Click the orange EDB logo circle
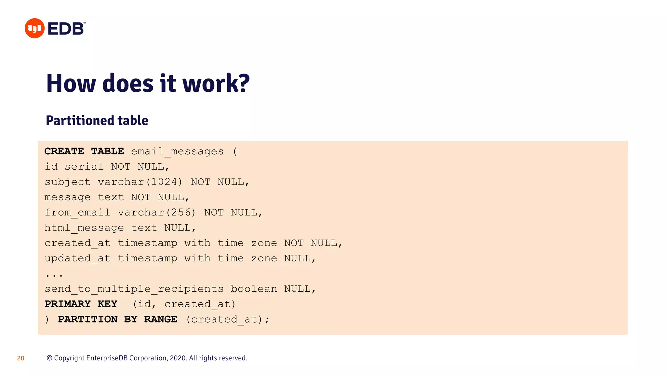(x=34, y=28)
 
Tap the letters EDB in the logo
(x=66, y=29)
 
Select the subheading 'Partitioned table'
(x=97, y=120)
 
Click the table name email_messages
(x=177, y=151)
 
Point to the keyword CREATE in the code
(x=64, y=151)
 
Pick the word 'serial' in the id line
(x=84, y=167)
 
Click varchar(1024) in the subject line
(x=140, y=182)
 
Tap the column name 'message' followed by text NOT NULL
(x=67, y=197)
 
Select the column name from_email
(x=77, y=213)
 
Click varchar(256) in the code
(x=157, y=213)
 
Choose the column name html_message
(x=84, y=228)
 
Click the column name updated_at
(x=77, y=258)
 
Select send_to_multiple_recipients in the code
(x=134, y=289)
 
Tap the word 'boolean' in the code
(x=254, y=289)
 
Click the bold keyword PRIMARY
(x=68, y=304)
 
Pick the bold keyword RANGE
(x=161, y=319)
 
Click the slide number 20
(x=21, y=358)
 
